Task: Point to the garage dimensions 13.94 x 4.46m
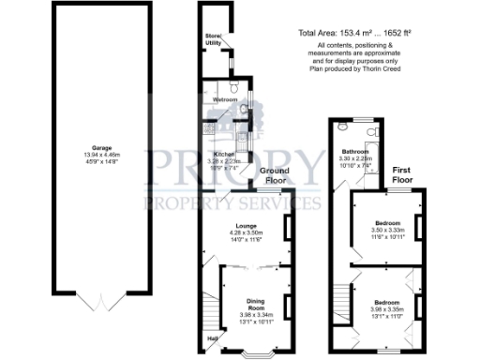pos(89,155)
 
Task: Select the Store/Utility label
pos(213,40)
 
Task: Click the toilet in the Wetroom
pos(243,110)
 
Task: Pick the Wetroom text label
pos(225,98)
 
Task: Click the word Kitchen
pos(223,154)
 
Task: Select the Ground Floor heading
pos(274,175)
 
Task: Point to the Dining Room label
pos(254,303)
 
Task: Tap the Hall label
pos(212,339)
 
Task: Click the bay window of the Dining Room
pos(255,355)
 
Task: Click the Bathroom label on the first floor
pos(354,152)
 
